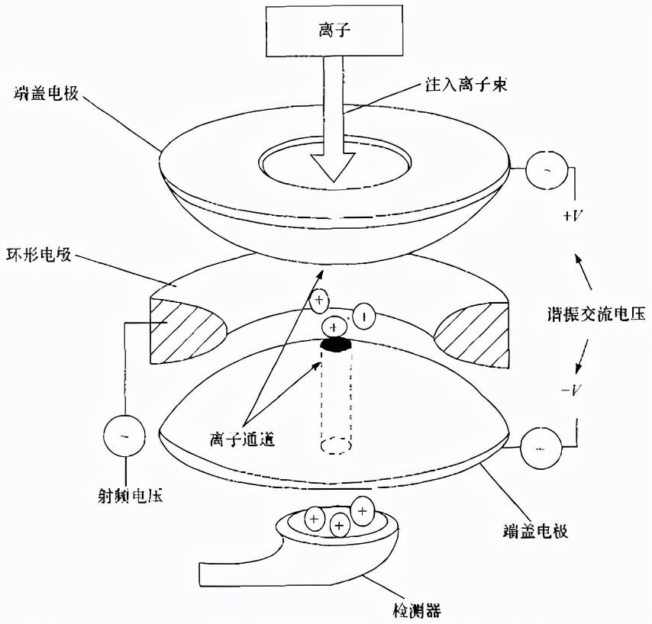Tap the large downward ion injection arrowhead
(334, 164)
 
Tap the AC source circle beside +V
(547, 168)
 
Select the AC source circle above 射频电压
(124, 436)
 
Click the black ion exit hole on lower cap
(334, 345)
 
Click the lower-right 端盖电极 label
(535, 531)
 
